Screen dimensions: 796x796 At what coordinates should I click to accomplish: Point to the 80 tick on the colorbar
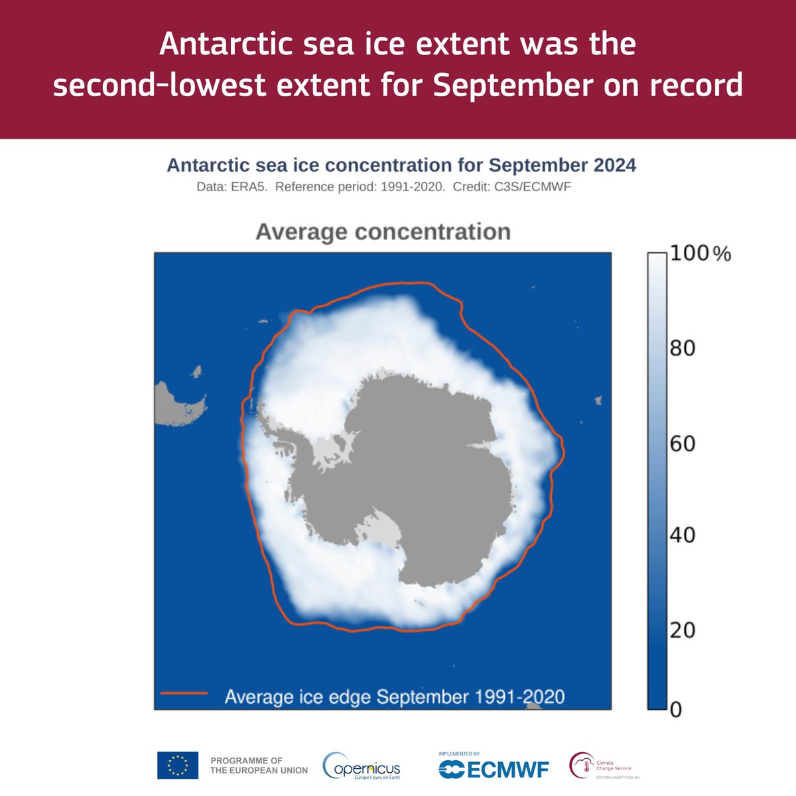682,348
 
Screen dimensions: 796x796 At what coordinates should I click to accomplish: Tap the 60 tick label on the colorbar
682,443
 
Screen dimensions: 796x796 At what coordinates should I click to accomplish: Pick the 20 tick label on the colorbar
682,630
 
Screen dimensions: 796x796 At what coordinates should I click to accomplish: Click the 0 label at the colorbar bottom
675,710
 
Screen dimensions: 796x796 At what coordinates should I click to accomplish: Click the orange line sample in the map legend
184,694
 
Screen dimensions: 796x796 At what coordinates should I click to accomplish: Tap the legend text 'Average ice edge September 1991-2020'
395,696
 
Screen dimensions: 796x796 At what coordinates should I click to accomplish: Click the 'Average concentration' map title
383,232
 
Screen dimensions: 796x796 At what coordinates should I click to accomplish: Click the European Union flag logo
178,765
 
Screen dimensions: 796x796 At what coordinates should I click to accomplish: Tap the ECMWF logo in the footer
494,768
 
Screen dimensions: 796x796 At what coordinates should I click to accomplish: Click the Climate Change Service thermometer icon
582,765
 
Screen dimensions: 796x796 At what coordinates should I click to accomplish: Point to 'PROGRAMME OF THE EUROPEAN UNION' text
259,765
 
